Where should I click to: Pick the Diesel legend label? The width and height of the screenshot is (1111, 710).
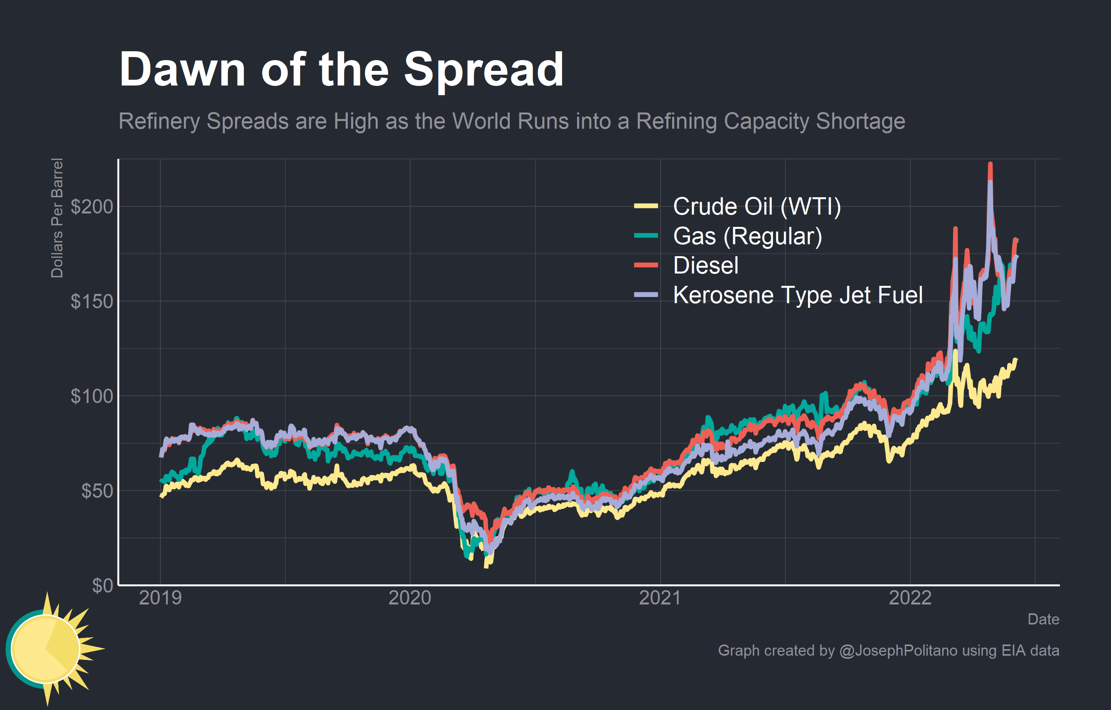(706, 265)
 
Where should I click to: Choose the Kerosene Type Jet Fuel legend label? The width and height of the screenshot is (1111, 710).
(798, 295)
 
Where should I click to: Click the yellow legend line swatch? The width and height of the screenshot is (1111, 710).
(646, 206)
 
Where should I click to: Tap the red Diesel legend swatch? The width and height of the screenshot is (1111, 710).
(646, 265)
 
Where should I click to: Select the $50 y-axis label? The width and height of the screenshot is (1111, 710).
(97, 491)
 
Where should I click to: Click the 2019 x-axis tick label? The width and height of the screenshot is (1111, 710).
(160, 598)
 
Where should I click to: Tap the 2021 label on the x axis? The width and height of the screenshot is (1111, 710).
(660, 598)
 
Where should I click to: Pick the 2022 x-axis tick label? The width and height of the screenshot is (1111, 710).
(910, 598)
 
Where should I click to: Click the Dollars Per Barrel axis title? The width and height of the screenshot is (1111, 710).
(57, 218)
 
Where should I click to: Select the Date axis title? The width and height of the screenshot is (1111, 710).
(1043, 619)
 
